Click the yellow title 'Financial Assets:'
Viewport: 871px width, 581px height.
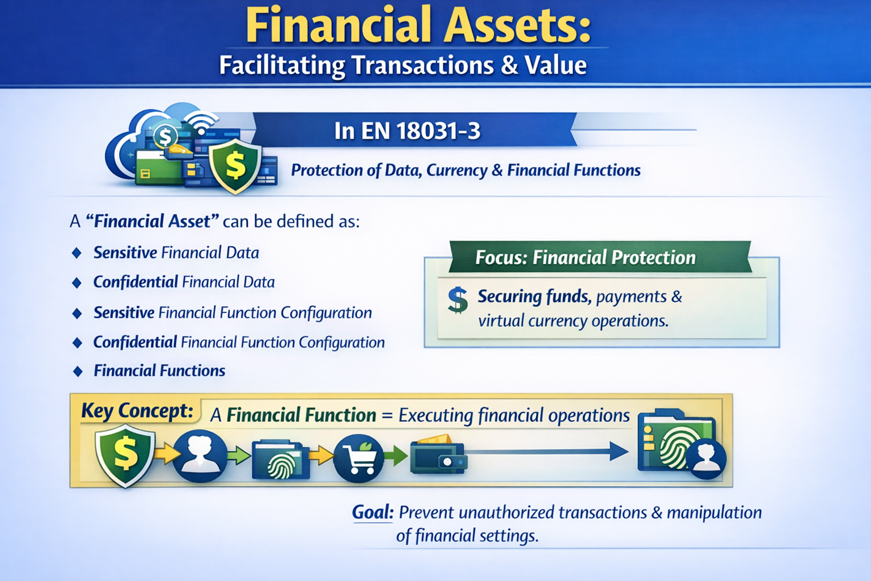(418, 26)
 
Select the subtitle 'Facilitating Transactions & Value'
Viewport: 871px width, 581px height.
(403, 65)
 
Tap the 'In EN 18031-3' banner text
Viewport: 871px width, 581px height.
(407, 131)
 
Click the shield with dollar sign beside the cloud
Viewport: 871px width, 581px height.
(235, 166)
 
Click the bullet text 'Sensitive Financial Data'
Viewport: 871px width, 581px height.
(176, 252)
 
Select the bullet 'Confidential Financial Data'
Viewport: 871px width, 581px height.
(184, 282)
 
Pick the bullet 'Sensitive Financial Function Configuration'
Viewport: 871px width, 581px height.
(232, 313)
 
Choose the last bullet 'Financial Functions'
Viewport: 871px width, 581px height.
(159, 371)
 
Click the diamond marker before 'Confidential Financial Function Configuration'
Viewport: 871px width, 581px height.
(78, 342)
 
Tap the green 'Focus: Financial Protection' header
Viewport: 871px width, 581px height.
(585, 258)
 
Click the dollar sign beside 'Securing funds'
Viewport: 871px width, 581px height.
(457, 300)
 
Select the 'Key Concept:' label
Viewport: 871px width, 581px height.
(137, 410)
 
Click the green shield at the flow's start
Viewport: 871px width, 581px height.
(125, 455)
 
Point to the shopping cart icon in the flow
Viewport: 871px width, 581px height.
(358, 457)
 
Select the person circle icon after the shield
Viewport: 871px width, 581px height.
(199, 456)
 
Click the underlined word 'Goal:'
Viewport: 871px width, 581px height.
(372, 512)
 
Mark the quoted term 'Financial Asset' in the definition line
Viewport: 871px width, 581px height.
(152, 221)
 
